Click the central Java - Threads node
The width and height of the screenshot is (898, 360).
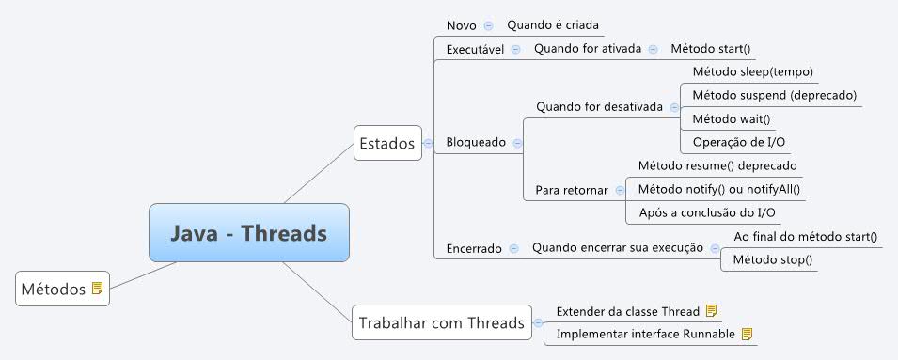(249, 232)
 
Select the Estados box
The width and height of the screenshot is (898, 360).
(386, 143)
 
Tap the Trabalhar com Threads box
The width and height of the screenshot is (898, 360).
(441, 323)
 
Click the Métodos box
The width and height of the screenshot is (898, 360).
(52, 289)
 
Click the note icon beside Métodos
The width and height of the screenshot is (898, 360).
(97, 289)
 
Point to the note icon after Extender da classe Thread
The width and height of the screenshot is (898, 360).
(712, 310)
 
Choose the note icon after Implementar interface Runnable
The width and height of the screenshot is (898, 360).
(748, 333)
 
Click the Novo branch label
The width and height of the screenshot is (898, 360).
(461, 25)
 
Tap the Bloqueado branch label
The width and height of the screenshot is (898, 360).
(476, 142)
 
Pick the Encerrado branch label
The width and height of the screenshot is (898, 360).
(474, 249)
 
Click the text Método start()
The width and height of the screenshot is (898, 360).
(711, 49)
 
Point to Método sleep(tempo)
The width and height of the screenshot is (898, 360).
(752, 71)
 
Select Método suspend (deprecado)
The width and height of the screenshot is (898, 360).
(774, 95)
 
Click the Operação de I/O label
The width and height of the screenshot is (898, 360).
(739, 142)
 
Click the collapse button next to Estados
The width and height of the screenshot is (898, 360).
(429, 143)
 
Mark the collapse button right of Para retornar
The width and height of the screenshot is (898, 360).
(620, 189)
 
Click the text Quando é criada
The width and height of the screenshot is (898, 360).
(553, 25)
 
